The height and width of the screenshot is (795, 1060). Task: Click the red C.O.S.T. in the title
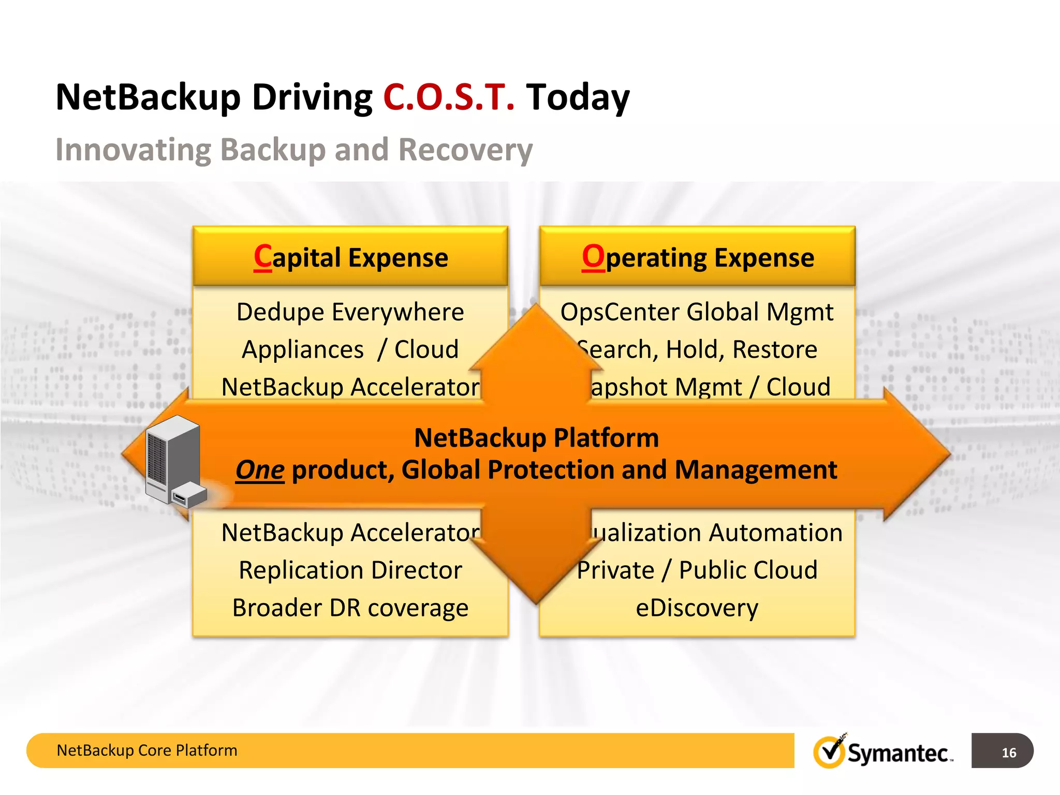(x=448, y=97)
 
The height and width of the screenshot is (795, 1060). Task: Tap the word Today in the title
(x=578, y=97)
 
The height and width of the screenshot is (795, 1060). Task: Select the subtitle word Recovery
(x=465, y=150)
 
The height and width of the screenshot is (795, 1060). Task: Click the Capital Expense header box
(x=350, y=257)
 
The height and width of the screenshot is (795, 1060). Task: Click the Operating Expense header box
(x=697, y=257)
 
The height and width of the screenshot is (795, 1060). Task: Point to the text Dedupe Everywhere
(x=350, y=312)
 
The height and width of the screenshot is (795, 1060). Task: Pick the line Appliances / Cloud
(x=350, y=349)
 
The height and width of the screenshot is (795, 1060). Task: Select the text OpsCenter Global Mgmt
(x=697, y=312)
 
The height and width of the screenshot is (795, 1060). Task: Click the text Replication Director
(x=350, y=570)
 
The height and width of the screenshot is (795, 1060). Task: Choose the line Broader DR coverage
(x=350, y=608)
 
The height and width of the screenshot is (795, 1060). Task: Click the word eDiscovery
(x=697, y=608)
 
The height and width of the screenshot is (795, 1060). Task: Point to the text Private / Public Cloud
(x=697, y=570)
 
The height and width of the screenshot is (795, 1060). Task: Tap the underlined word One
(x=260, y=470)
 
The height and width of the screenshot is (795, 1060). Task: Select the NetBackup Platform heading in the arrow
(x=536, y=438)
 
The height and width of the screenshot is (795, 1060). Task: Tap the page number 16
(x=1008, y=753)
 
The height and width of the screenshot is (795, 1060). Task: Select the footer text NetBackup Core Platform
(x=147, y=750)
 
